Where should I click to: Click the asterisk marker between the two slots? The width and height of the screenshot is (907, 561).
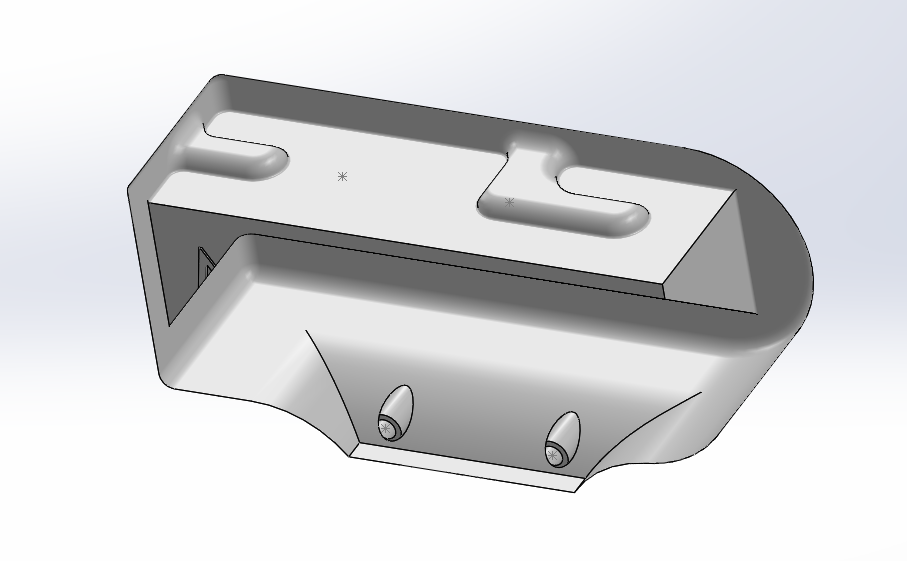point(342,176)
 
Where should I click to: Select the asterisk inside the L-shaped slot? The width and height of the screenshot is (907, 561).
point(509,202)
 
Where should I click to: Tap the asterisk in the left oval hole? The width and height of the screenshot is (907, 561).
point(386,428)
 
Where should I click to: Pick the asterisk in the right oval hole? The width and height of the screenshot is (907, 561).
point(552,455)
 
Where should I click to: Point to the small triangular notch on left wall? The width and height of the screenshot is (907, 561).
point(206,265)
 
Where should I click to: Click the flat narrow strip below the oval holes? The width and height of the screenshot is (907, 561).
point(465,467)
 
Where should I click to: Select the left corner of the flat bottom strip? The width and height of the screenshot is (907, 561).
point(351,453)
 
